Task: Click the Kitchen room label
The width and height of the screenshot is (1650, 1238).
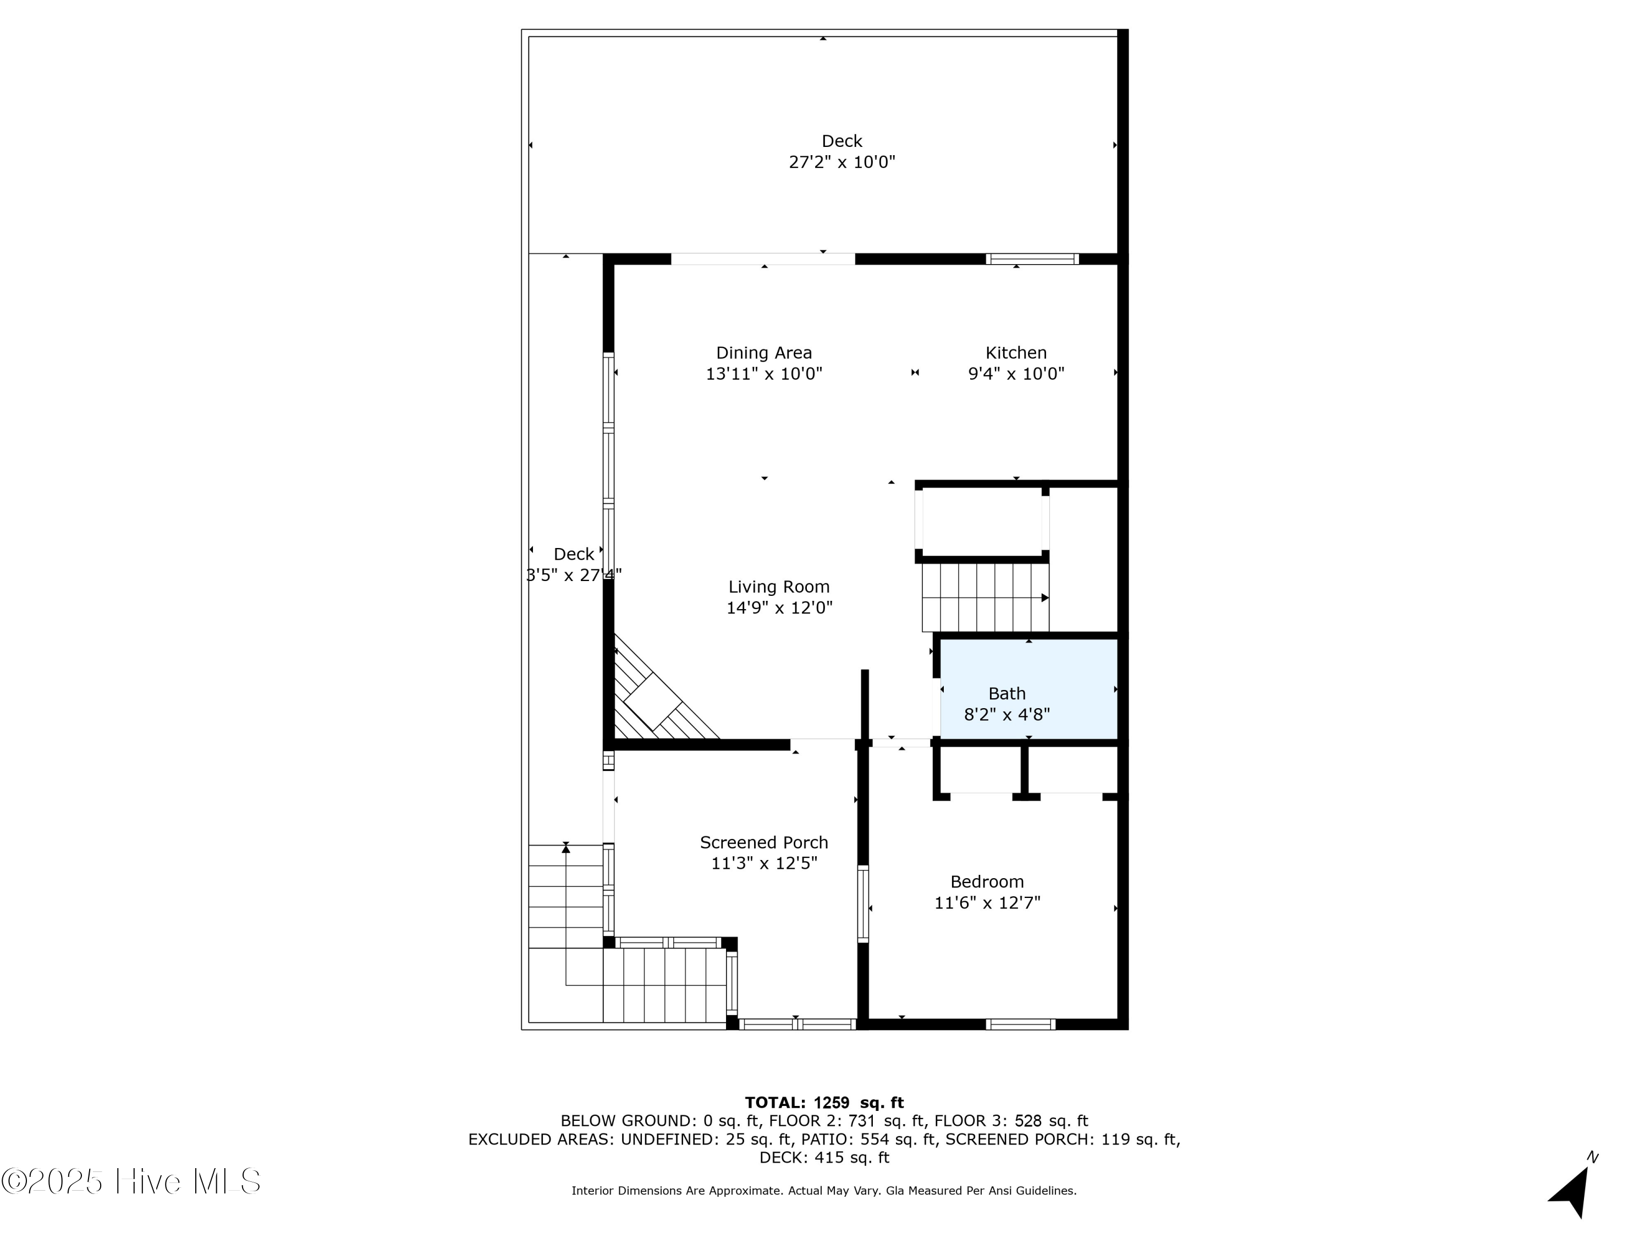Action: point(1015,353)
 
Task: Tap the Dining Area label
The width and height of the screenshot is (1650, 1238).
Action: point(764,353)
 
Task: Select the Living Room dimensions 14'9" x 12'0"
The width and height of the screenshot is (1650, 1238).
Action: point(779,607)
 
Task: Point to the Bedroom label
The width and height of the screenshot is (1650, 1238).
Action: point(986,881)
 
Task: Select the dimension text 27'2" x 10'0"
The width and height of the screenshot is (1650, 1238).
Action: point(842,162)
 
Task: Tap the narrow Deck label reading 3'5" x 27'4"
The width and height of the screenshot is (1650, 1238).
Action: point(574,574)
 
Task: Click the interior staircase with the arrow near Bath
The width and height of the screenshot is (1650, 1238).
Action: point(985,598)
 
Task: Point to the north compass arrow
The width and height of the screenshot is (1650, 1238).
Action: point(1570,1192)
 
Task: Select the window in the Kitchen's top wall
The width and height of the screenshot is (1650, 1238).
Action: point(1032,259)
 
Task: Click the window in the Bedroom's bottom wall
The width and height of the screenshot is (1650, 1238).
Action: point(1020,1024)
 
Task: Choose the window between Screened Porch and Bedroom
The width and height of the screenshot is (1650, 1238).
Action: point(863,903)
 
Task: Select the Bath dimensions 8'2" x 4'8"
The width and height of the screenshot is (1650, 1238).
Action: point(1007,715)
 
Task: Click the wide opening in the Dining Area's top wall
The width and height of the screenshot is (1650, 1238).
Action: point(762,259)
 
